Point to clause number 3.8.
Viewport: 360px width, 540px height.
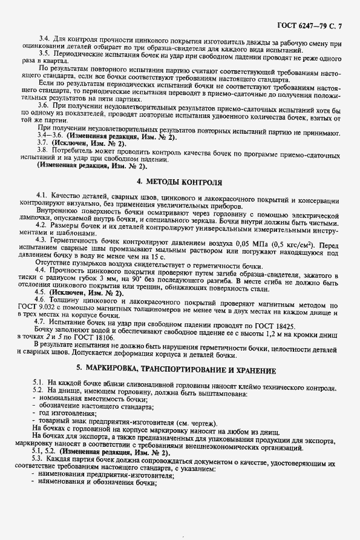[x=44, y=149]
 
